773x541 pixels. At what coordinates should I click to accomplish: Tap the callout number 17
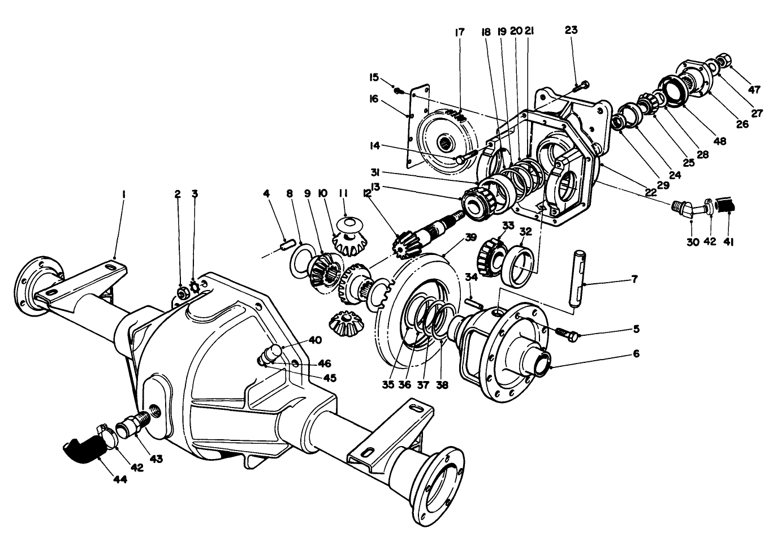click(459, 32)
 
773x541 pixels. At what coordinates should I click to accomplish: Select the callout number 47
click(754, 89)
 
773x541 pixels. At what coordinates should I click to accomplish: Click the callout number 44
click(119, 479)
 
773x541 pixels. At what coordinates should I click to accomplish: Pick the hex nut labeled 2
click(183, 292)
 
